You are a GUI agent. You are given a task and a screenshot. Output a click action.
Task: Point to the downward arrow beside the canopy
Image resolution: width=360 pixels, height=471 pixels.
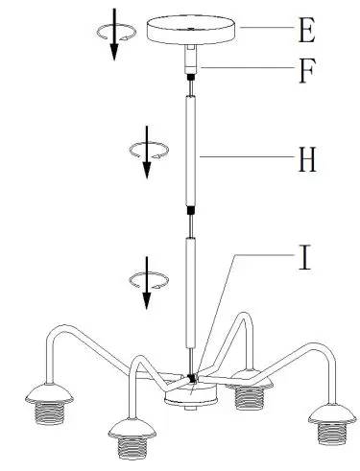[113, 36]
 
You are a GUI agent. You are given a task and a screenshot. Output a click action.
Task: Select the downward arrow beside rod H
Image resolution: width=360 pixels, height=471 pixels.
[147, 158]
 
